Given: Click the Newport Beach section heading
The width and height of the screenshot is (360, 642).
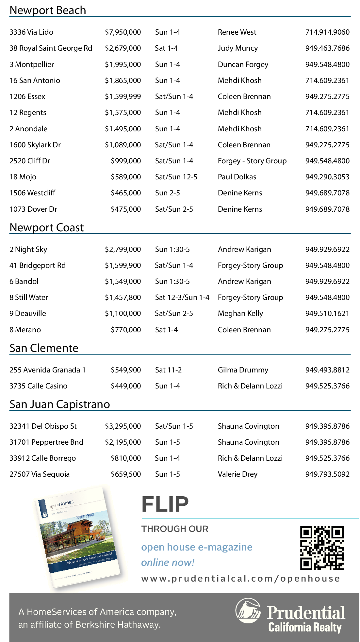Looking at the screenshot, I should coord(48,10).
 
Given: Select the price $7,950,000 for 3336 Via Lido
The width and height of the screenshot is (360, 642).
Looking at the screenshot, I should coord(123,32).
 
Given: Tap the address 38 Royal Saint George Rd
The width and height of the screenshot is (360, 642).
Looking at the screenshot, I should coord(51,48).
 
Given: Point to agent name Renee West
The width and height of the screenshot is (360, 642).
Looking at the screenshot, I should coord(237,32).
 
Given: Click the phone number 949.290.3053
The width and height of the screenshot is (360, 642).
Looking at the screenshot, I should coord(327,177).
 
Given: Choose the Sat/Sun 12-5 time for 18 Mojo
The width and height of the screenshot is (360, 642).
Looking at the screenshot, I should coord(176,177).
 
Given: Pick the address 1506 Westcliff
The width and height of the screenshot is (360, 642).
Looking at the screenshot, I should coord(32,193).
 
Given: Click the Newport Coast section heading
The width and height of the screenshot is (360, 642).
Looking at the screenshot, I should coord(47,227).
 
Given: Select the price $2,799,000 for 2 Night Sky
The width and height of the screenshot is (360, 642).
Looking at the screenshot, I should coord(123,249).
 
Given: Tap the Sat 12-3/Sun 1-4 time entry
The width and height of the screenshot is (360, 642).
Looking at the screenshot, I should coord(182,297).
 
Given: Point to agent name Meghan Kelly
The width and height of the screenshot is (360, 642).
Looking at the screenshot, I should coord(240,313).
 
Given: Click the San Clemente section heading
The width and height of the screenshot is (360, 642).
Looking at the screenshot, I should coord(44,348).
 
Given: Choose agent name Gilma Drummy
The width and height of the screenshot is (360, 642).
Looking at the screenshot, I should coord(243,370).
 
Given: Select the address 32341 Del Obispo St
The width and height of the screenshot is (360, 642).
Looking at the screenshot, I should coord(43,426).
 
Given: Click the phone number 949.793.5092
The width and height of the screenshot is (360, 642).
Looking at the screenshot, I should coord(327,474).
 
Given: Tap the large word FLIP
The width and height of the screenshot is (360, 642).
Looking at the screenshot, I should coord(165,504).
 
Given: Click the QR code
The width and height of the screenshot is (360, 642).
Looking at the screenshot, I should coord(322,548).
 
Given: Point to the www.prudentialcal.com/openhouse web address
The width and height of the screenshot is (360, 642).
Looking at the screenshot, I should coord(240,579).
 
